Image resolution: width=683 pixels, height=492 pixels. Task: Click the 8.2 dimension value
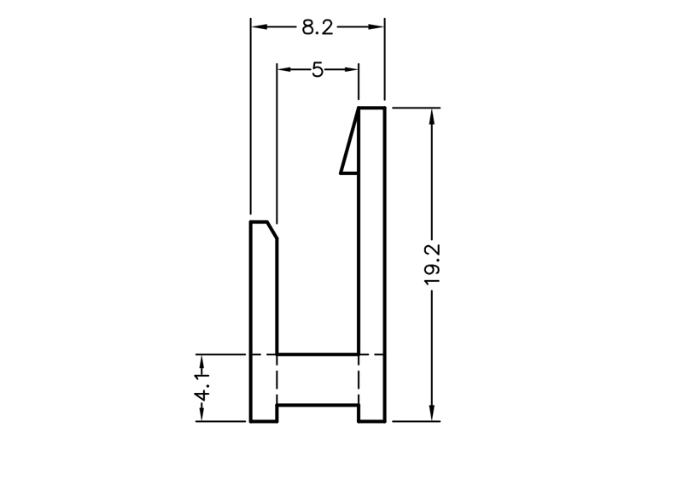pyautogui.click(x=317, y=27)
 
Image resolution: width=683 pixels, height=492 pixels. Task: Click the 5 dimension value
pyautogui.click(x=318, y=70)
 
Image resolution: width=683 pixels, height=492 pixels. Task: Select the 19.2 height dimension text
pyautogui.click(x=433, y=265)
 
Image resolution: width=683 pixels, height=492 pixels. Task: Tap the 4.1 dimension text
pyautogui.click(x=202, y=386)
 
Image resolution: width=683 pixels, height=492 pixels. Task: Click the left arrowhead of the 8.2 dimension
pyautogui.click(x=260, y=27)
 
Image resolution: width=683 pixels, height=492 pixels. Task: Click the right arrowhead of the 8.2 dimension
pyautogui.click(x=377, y=27)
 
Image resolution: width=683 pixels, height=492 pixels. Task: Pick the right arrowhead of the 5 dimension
pyautogui.click(x=351, y=69)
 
